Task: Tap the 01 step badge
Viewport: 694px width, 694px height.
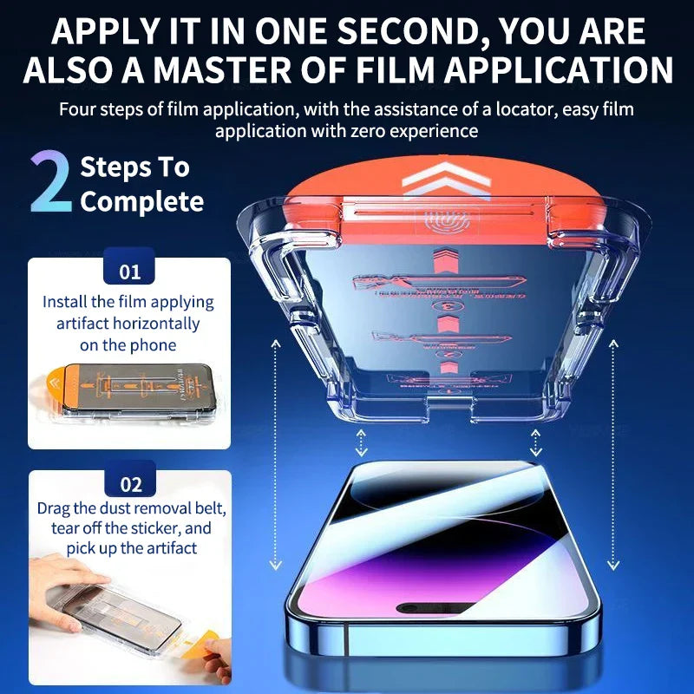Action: [x=129, y=272]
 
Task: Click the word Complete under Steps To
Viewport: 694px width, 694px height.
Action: [x=142, y=202]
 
